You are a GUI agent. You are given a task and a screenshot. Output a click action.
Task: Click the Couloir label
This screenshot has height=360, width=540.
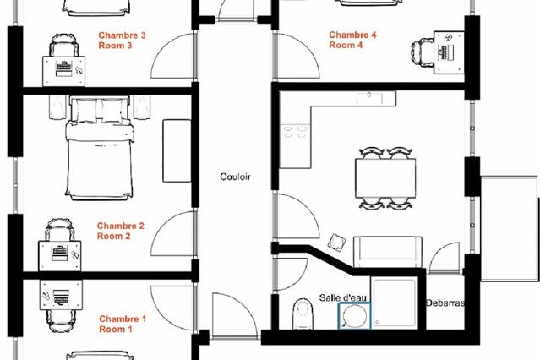235,177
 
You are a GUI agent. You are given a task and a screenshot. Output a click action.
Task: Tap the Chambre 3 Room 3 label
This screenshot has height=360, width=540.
122,41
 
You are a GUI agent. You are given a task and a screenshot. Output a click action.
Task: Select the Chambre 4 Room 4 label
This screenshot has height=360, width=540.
352,40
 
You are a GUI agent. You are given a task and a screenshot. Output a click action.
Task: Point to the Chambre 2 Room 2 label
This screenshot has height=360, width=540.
121,231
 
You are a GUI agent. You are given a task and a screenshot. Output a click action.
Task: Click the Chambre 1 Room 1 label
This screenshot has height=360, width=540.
123,324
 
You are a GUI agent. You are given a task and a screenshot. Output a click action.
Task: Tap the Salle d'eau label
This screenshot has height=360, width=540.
342,297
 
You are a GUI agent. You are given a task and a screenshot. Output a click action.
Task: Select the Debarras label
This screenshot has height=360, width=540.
445,303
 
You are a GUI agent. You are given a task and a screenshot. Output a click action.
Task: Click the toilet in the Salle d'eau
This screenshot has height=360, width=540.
303,314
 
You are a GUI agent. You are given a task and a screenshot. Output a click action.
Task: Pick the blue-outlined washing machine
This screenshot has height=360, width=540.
355,315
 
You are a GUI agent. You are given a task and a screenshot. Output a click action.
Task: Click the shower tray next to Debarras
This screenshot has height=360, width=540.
395,303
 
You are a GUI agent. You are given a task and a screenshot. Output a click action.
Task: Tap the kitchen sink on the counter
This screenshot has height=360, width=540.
369,98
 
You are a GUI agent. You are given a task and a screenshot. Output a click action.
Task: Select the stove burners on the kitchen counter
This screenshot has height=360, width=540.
295,132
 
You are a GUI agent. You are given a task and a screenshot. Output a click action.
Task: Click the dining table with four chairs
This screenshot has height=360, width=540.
385,178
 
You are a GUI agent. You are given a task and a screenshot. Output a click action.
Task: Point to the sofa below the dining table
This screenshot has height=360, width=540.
388,252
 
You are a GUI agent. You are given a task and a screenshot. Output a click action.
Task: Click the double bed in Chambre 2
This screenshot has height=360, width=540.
100,148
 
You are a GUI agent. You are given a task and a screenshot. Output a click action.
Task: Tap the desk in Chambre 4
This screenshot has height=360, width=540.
449,52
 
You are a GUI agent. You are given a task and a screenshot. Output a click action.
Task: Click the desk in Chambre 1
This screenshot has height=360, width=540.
61,295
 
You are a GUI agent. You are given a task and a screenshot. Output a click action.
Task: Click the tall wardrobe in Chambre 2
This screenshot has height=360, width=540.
177,150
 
